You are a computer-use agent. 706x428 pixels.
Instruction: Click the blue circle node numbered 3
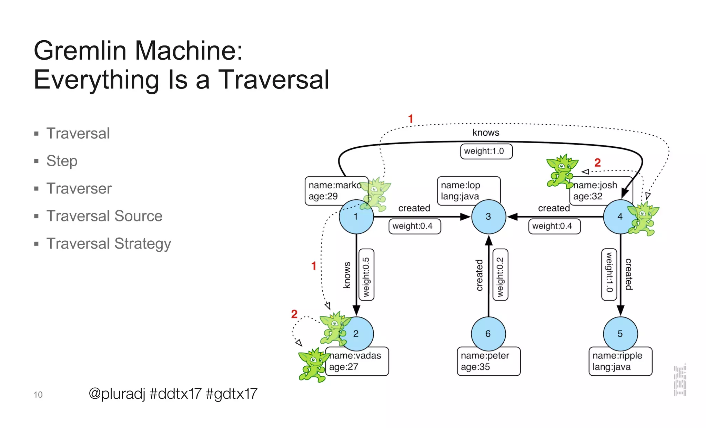[x=488, y=217]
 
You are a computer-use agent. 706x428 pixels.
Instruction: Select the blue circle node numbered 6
[x=488, y=334]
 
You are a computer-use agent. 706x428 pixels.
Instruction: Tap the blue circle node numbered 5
[x=620, y=334]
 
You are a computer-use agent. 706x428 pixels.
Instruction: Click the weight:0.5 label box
[x=366, y=275]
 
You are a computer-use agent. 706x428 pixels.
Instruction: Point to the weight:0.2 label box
[x=500, y=275]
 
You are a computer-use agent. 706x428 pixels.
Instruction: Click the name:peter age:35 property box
[x=488, y=362]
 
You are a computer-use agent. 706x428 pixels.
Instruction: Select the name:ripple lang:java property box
[x=620, y=362]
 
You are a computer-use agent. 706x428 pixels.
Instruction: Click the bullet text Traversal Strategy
[x=109, y=244]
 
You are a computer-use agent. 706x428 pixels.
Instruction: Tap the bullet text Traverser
[x=79, y=189]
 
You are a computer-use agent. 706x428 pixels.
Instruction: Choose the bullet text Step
[x=62, y=161]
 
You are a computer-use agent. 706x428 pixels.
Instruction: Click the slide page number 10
[x=38, y=395]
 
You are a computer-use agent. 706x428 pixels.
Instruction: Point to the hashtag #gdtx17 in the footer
[x=231, y=394]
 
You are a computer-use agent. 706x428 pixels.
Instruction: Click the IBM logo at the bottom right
[x=680, y=380]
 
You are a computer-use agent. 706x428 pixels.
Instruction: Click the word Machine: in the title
[x=189, y=51]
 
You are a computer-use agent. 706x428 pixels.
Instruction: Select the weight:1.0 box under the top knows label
[x=486, y=151]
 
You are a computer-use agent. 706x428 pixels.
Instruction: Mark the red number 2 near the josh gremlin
[x=597, y=163]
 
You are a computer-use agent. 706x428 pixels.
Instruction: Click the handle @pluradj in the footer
[x=117, y=394]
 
